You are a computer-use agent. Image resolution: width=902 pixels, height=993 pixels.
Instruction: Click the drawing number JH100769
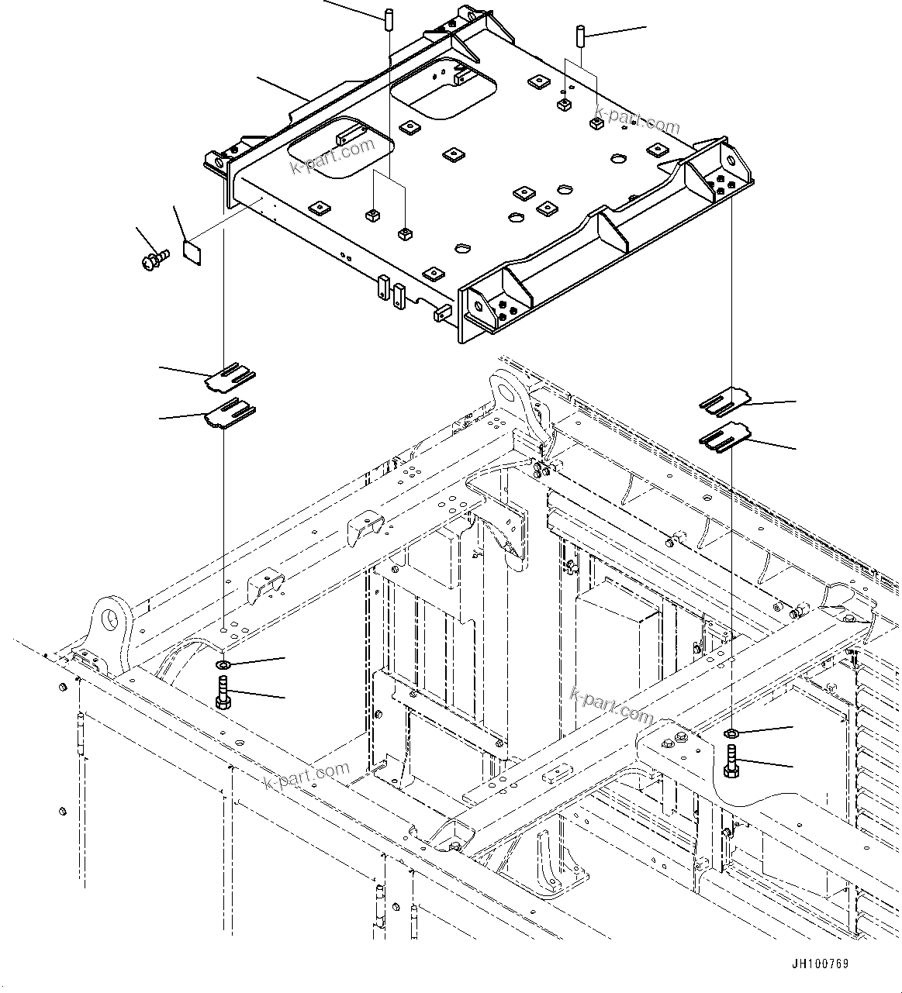(820, 964)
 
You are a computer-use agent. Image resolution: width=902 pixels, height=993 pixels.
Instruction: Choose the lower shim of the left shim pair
(230, 413)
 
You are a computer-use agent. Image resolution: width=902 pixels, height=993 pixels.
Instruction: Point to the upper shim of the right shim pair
(724, 400)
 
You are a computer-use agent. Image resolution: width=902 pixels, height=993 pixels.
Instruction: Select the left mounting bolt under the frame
(223, 692)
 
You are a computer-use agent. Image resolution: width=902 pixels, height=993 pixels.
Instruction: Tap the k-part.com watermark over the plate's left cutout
(331, 157)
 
